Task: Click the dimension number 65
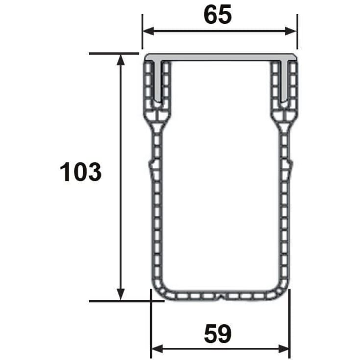tap(217, 15)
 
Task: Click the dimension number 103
tap(81, 172)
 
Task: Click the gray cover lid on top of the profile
tap(220, 57)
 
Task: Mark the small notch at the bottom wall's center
tap(220, 296)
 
